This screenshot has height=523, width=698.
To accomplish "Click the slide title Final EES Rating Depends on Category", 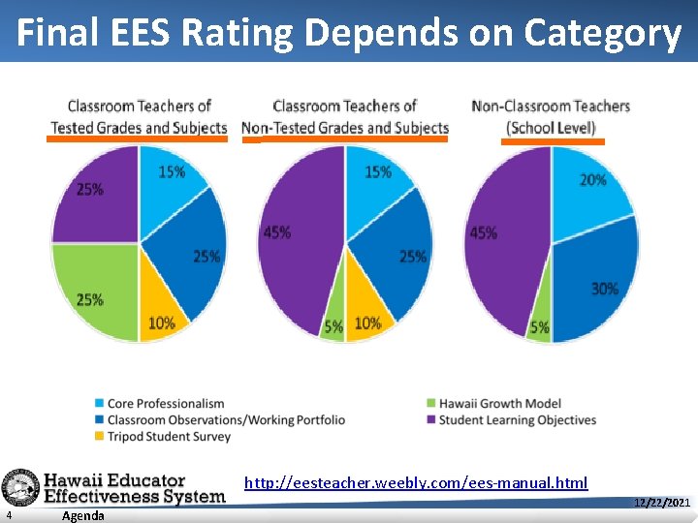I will (349, 33).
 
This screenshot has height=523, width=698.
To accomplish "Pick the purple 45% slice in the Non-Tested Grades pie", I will (296, 237).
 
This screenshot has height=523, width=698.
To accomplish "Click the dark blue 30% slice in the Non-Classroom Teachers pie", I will (596, 286).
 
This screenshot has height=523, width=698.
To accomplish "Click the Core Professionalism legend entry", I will (165, 403).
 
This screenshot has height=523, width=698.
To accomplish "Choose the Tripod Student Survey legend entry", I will (169, 436).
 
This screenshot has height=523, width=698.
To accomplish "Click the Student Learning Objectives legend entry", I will (517, 419).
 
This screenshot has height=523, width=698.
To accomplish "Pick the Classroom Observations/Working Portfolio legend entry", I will (225, 419).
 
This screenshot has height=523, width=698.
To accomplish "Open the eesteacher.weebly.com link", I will (416, 482).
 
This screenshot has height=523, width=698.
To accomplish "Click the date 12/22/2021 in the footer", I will (661, 503).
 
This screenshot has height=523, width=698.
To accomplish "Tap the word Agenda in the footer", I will (82, 515).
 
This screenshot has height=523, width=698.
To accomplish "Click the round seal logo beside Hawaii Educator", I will (19, 488).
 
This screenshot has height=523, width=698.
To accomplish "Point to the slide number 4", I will (9, 515).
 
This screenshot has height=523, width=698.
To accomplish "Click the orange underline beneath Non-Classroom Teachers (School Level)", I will (553, 141).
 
